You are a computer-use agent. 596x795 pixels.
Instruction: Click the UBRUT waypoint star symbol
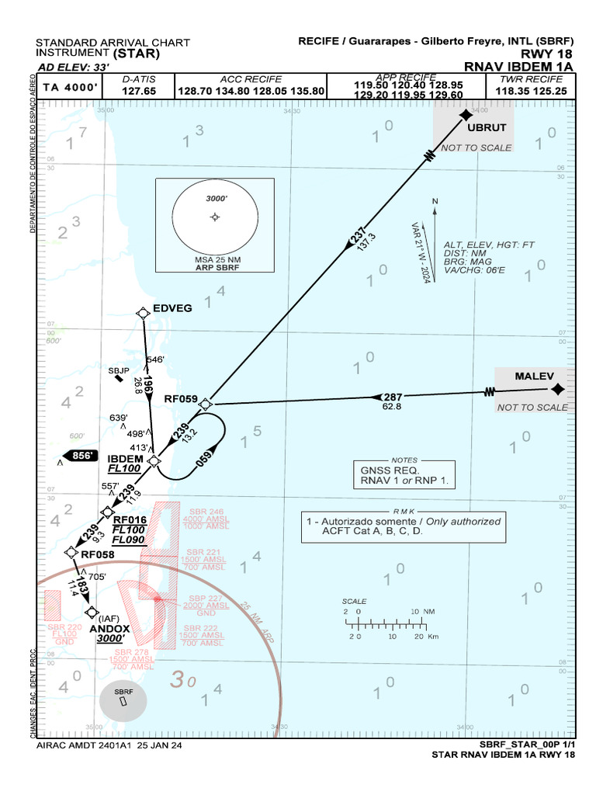click(x=466, y=115)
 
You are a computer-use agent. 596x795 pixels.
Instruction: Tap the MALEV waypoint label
click(x=535, y=377)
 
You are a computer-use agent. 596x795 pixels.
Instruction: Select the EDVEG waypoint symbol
click(x=144, y=312)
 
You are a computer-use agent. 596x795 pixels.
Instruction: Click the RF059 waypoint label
click(x=181, y=399)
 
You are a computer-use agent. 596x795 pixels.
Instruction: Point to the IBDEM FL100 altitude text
click(x=124, y=469)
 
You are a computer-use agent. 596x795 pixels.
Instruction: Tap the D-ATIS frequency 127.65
click(x=140, y=91)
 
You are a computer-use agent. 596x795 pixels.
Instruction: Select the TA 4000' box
click(x=70, y=88)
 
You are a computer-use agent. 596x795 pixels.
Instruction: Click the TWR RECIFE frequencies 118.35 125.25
click(x=531, y=91)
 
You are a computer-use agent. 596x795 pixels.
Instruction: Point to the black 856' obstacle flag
click(x=81, y=456)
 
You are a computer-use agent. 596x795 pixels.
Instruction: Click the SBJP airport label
click(x=118, y=370)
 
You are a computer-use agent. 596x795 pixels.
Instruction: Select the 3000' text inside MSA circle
click(x=216, y=198)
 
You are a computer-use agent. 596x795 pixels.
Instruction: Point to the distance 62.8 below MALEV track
click(x=392, y=407)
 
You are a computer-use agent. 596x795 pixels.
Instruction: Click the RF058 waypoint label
click(x=98, y=554)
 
